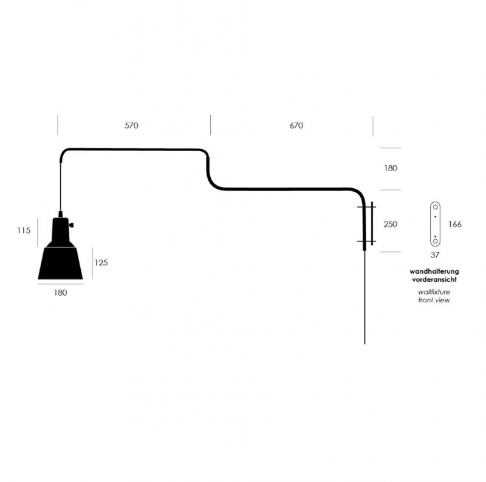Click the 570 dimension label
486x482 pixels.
pos(131,126)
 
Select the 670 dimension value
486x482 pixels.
pos(296,126)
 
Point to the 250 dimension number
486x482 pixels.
pos(390,224)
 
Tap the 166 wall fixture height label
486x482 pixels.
pos(454,224)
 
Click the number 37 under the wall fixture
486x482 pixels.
pos(435,254)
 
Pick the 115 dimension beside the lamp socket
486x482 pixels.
pos(24,230)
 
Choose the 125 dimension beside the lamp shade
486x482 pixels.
pos(101,263)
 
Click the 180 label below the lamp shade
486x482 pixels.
pos(60,293)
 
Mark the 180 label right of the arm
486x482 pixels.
pos(391,168)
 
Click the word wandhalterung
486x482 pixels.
pos(434,272)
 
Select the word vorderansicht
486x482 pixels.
pos(434,279)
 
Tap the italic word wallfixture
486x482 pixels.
pos(434,292)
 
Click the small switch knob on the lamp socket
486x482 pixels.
pos(72,225)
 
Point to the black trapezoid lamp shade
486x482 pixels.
pos(60,263)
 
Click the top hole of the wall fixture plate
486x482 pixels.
pos(435,207)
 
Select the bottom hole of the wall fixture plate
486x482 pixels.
pos(435,241)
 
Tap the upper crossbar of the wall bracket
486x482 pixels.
pos(367,207)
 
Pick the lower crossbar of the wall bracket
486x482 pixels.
pos(367,242)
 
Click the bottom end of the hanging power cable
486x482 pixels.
pos(364,344)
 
